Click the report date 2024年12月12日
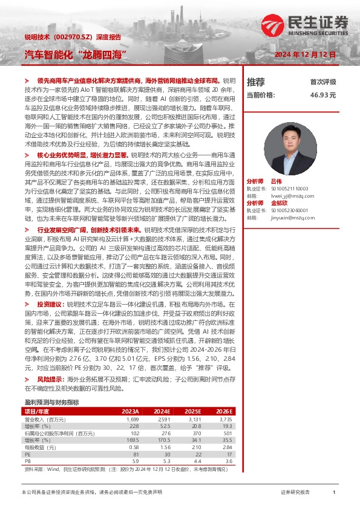[x=306, y=55]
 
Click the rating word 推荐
[x=256, y=82]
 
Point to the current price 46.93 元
[x=322, y=95]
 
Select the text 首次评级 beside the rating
[x=323, y=82]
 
